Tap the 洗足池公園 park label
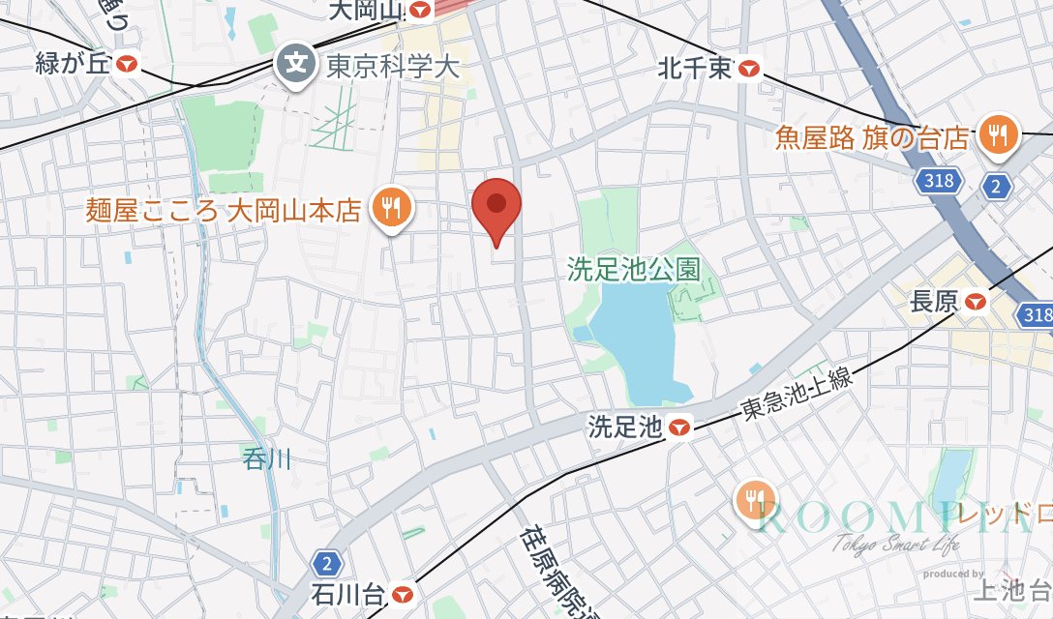click(634, 268)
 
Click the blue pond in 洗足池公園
click(635, 348)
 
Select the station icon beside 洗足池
click(681, 427)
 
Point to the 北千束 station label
click(695, 68)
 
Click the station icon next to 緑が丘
click(128, 65)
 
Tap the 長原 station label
click(934, 302)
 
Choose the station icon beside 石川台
click(404, 592)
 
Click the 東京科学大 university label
click(392, 66)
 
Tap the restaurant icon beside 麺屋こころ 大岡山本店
click(391, 209)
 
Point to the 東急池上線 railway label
click(797, 394)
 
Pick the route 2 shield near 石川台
click(329, 563)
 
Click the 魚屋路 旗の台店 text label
click(872, 137)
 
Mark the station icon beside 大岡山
click(420, 11)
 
